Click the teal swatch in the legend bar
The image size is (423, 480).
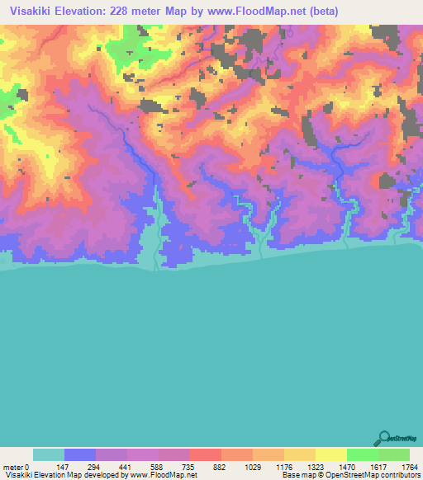[49, 454]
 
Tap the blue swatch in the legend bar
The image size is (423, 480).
[80, 454]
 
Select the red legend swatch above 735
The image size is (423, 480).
[206, 454]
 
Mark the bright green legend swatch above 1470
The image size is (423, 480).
[363, 454]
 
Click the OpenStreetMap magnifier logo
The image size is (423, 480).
[383, 437]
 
